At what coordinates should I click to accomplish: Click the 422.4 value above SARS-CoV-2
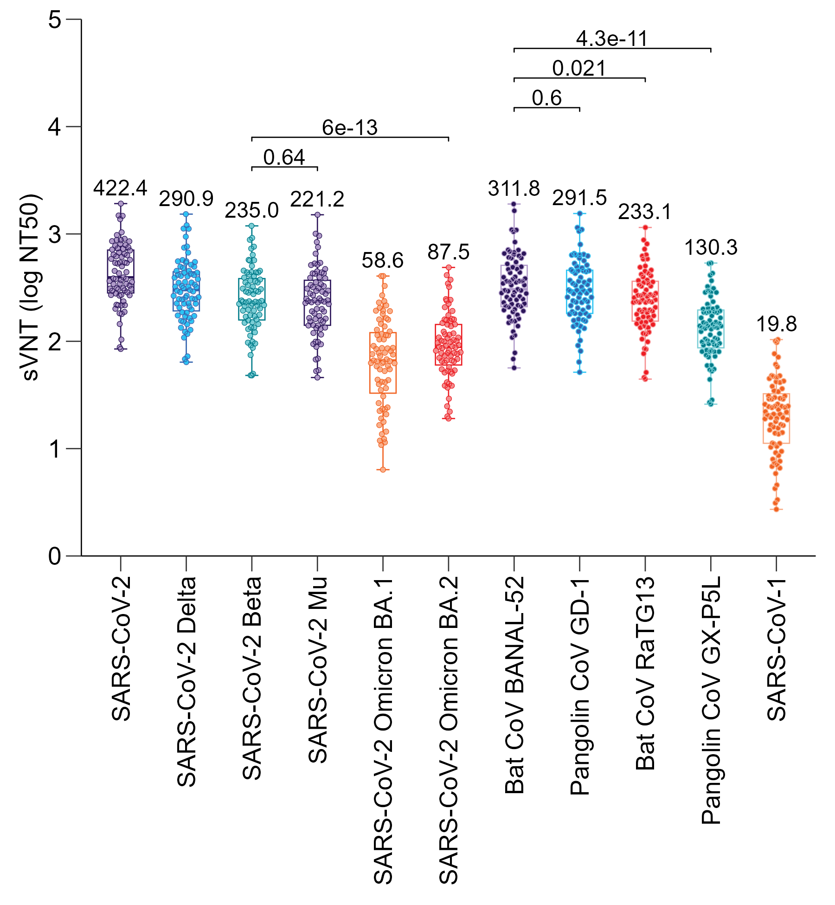[x=120, y=188]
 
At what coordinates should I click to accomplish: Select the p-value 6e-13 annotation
[x=350, y=128]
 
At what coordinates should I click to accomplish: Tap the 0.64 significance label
[x=284, y=157]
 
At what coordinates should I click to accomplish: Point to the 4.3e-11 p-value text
[x=612, y=39]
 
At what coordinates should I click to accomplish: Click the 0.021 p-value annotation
[x=579, y=69]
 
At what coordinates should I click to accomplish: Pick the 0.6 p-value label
[x=546, y=98]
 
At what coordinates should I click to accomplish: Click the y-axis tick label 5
[x=55, y=20]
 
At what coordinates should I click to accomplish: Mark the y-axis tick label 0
[x=55, y=556]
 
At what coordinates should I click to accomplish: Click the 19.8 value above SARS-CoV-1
[x=777, y=324]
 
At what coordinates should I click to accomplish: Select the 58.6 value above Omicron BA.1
[x=383, y=260]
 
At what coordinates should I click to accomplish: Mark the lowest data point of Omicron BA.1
[x=383, y=470]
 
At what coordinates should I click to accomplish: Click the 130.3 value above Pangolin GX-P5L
[x=711, y=248]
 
